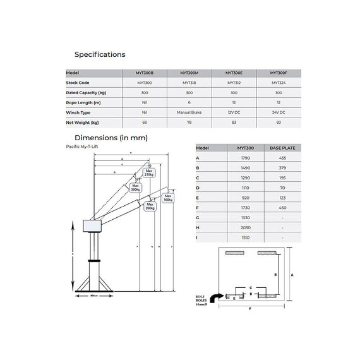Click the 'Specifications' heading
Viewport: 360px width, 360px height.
(x=100, y=54)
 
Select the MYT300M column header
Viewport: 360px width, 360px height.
(x=189, y=73)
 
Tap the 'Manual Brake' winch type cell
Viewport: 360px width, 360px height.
(x=189, y=112)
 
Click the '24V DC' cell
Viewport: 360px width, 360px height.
(x=279, y=112)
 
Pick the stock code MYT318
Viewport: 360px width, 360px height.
(x=189, y=83)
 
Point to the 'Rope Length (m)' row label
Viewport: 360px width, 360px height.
(x=84, y=102)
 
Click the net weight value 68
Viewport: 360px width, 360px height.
(x=145, y=123)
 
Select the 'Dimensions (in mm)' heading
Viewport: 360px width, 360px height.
(x=111, y=137)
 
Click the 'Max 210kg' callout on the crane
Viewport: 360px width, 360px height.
(x=150, y=172)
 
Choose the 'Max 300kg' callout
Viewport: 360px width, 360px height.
(x=135, y=188)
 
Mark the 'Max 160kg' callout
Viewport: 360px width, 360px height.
(x=168, y=198)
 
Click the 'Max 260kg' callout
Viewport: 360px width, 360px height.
(x=150, y=206)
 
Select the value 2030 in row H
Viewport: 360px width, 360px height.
(x=245, y=227)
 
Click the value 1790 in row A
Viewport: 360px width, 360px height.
(x=245, y=158)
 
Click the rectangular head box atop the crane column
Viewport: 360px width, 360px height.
(x=95, y=226)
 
